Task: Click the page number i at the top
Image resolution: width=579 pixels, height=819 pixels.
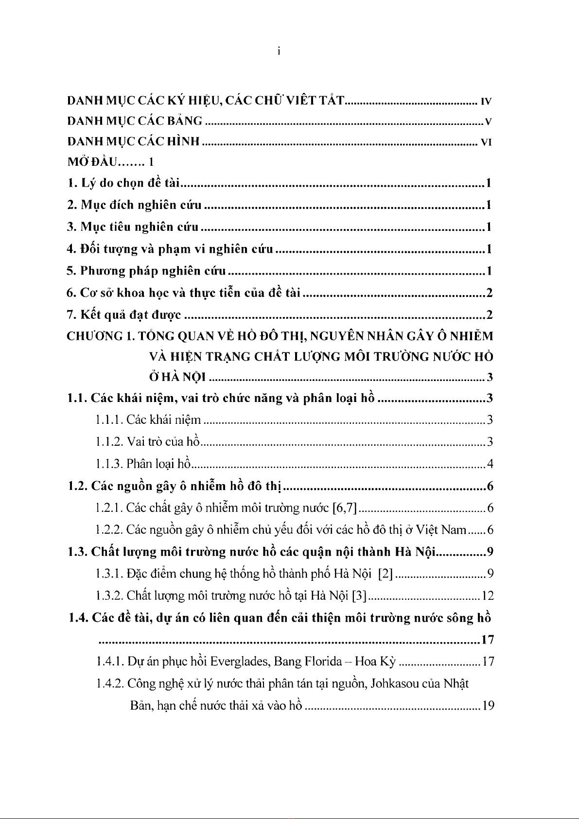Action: pos(279,52)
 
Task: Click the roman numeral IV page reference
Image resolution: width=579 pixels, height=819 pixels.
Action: pos(486,102)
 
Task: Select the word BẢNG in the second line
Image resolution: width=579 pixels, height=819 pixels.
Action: pos(185,121)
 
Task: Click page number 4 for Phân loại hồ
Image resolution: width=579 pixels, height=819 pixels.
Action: pos(490,464)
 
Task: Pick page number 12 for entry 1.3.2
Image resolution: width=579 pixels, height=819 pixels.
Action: pos(488,595)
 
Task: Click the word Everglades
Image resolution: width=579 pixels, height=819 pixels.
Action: pos(241,662)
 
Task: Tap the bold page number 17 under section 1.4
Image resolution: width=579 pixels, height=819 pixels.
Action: pos(488,640)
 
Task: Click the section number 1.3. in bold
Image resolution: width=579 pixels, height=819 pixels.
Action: pos(78,552)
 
